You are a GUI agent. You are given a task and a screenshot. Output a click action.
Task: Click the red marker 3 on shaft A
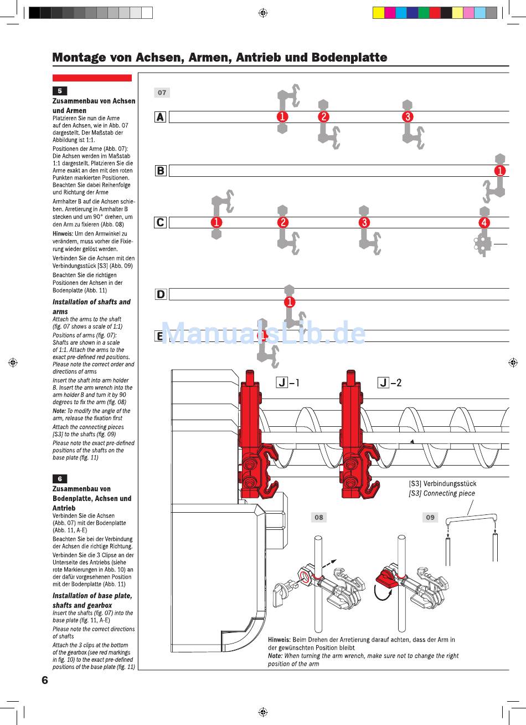(408, 116)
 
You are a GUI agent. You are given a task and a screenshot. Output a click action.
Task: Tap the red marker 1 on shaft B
(500, 171)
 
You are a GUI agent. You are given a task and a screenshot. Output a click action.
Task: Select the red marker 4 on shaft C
(484, 222)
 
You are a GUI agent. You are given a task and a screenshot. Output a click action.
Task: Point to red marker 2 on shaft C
(282, 222)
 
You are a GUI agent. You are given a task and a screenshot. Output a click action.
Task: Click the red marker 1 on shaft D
(289, 302)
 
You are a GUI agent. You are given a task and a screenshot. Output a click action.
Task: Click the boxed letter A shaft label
(160, 117)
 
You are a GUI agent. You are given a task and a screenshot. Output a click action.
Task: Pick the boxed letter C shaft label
(160, 222)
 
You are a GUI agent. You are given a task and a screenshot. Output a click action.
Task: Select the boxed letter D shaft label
(161, 294)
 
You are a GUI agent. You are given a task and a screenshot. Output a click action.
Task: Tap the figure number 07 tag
(162, 93)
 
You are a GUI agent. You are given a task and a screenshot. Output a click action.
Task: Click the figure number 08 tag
(318, 517)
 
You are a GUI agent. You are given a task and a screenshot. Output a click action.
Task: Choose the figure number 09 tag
(430, 517)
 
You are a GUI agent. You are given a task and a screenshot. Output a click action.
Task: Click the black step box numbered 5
(60, 91)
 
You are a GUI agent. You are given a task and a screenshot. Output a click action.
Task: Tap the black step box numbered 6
(60, 478)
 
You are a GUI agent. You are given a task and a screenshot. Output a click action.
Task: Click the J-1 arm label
(288, 382)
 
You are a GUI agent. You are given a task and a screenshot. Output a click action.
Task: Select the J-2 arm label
(390, 382)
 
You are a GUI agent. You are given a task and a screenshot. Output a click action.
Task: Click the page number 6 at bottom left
(45, 680)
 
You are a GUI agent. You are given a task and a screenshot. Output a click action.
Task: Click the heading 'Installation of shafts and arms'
(91, 307)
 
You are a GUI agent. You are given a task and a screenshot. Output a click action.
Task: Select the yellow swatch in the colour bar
(379, 13)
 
